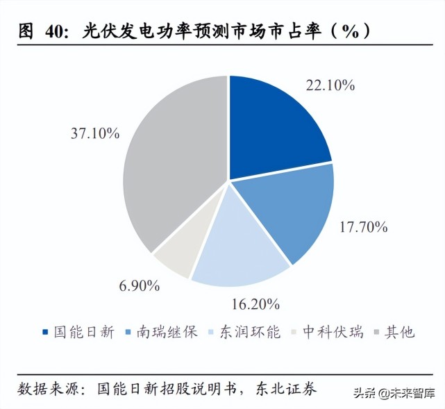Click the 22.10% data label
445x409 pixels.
[x=330, y=85]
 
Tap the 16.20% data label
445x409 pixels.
[x=255, y=303]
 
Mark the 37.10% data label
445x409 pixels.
[x=95, y=132]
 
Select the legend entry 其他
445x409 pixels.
[x=398, y=332]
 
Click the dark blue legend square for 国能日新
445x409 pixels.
[x=46, y=333]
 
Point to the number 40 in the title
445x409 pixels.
[x=58, y=31]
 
